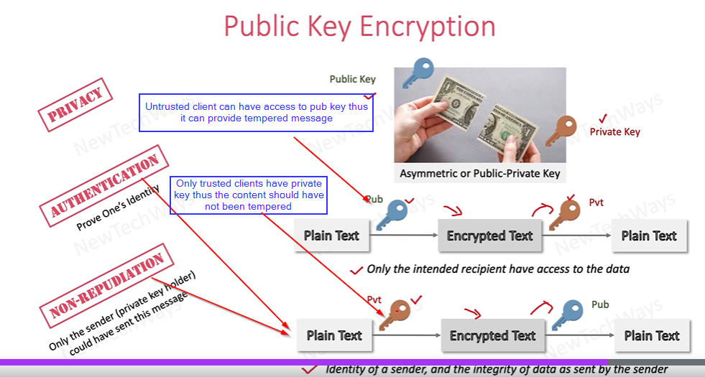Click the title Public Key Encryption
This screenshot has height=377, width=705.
tap(359, 26)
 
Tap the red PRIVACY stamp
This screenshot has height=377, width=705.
tap(75, 106)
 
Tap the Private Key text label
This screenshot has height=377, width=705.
tap(614, 132)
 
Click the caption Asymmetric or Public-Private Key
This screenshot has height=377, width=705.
tap(479, 173)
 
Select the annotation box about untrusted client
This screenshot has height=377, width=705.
tap(256, 113)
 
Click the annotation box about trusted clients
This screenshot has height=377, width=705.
tap(249, 195)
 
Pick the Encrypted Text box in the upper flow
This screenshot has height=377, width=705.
tap(489, 236)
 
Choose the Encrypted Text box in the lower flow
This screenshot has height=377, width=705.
tap(492, 336)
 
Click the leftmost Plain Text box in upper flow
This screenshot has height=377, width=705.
tap(331, 236)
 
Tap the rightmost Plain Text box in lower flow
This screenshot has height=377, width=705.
tap(651, 336)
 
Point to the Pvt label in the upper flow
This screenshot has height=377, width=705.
tap(596, 203)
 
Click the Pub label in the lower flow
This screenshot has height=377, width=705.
tap(600, 304)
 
